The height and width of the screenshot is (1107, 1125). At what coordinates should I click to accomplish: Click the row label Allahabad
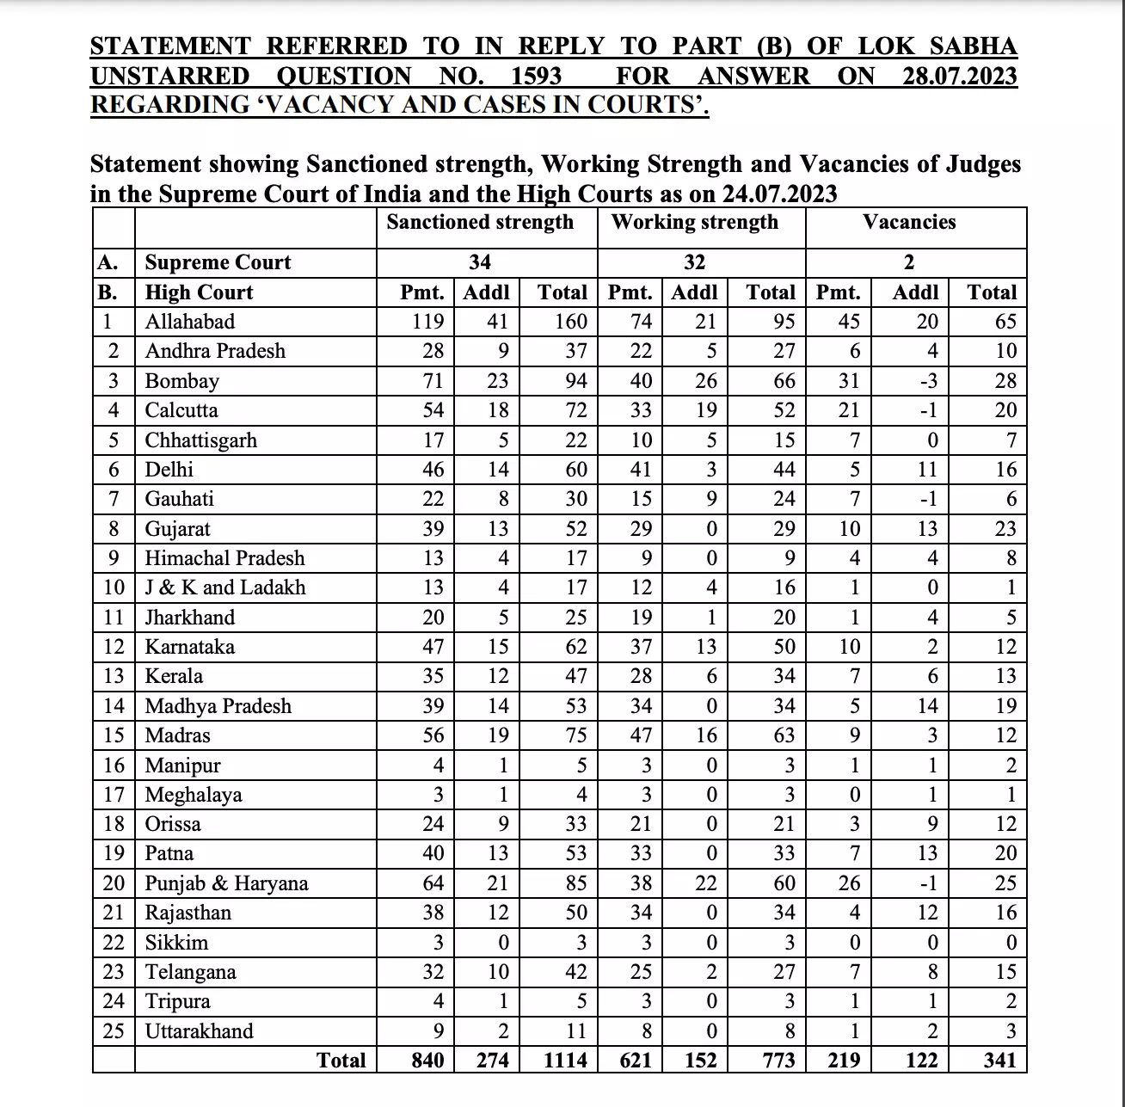pyautogui.click(x=189, y=322)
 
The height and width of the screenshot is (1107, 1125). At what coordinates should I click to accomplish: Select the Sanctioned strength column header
pyautogui.click(x=479, y=222)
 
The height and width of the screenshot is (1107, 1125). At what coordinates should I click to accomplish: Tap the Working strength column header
pyautogui.click(x=694, y=222)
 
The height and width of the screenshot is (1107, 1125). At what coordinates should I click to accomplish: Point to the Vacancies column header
pyautogui.click(x=909, y=222)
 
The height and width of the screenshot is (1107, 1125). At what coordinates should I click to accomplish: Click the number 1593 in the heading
pyautogui.click(x=536, y=76)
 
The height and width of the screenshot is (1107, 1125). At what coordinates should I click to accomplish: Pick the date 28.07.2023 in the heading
pyautogui.click(x=959, y=76)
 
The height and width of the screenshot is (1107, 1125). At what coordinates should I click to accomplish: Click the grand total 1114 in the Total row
pyautogui.click(x=564, y=1061)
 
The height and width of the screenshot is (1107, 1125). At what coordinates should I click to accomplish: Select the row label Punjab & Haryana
pyautogui.click(x=226, y=883)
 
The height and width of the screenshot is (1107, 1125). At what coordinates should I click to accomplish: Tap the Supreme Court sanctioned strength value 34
pyautogui.click(x=479, y=262)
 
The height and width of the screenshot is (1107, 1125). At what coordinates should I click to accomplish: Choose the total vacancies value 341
pyautogui.click(x=999, y=1061)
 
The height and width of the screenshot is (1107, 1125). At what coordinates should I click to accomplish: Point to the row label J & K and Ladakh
pyautogui.click(x=224, y=587)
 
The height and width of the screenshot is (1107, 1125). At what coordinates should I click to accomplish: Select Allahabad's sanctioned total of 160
pyautogui.click(x=571, y=322)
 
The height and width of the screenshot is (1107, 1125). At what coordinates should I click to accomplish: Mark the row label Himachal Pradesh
pyautogui.click(x=224, y=558)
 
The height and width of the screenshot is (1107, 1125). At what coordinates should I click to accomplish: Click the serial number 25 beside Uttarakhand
pyautogui.click(x=114, y=1030)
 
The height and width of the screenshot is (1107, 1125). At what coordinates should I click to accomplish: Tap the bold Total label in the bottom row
pyautogui.click(x=341, y=1061)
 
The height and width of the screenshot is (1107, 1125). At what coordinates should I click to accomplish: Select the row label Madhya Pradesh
pyautogui.click(x=218, y=706)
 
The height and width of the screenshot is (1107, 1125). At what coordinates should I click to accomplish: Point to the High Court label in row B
pyautogui.click(x=199, y=292)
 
